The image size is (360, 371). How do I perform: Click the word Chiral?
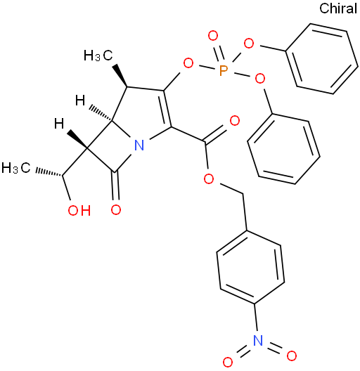tap(338, 8)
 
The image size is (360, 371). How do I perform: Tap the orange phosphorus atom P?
tap(223, 70)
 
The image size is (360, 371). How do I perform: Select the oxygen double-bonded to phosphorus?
tap(212, 36)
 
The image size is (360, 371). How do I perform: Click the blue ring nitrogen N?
tap(139, 145)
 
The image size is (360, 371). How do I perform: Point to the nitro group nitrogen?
tap(257, 340)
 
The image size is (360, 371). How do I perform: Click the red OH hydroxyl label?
tap(79, 210)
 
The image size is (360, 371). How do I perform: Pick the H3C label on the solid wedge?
tap(98, 56)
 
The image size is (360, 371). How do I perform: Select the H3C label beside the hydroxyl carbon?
tap(16, 168)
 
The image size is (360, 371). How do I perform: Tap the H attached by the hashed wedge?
tap(80, 100)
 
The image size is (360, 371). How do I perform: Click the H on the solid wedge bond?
tap(59, 124)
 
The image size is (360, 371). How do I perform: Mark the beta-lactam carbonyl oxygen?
tap(116, 209)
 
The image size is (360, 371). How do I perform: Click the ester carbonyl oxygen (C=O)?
tap(234, 121)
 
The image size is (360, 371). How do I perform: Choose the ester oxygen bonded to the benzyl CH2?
tap(209, 179)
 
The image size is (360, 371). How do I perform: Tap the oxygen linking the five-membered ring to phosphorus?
tap(188, 63)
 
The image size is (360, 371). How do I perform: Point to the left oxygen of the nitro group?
tap(228, 362)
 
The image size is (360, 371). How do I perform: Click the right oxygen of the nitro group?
tap(291, 356)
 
